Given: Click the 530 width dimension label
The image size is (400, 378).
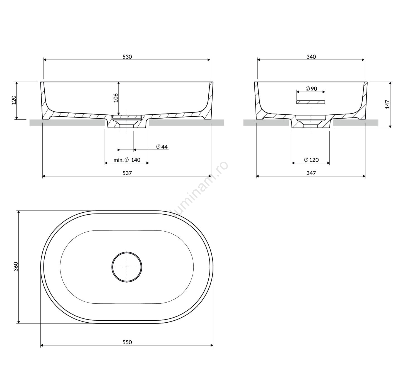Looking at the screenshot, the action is pyautogui.click(x=127, y=57).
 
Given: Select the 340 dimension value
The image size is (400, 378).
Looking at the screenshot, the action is pyautogui.click(x=311, y=57).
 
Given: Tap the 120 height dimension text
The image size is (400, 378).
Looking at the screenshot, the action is pyautogui.click(x=14, y=100).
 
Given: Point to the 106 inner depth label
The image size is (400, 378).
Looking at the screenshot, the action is pyautogui.click(x=115, y=98).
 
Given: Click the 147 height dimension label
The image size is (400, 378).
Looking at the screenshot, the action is pyautogui.click(x=387, y=104).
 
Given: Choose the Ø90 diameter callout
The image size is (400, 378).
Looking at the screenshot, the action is pyautogui.click(x=311, y=89).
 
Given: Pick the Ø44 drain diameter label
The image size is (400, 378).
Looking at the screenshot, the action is pyautogui.click(x=162, y=147).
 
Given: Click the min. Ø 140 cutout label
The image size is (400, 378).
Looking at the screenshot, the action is pyautogui.click(x=127, y=160).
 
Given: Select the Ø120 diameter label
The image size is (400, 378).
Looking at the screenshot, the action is pyautogui.click(x=311, y=160).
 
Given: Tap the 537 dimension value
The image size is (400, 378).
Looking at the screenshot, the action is pyautogui.click(x=127, y=173).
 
